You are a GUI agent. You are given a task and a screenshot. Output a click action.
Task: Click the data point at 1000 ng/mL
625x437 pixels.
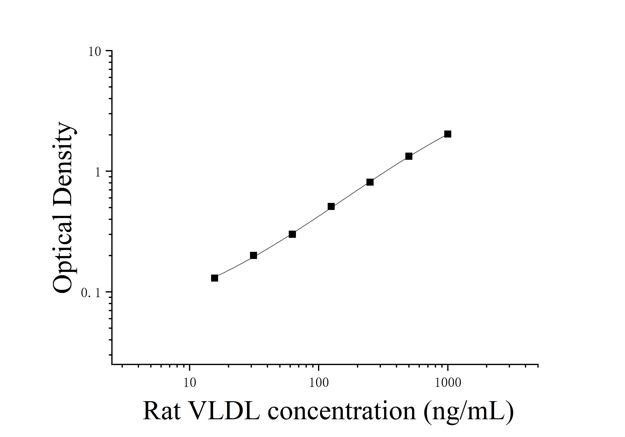tap(448, 134)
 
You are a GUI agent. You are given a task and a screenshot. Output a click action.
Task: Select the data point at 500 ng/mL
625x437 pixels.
tap(409, 156)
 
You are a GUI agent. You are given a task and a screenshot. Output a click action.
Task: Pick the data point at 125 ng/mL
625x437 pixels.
tap(331, 206)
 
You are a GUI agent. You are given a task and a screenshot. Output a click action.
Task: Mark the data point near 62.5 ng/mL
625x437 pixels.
tap(292, 234)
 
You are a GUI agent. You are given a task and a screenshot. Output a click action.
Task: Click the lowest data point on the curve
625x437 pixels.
tap(215, 278)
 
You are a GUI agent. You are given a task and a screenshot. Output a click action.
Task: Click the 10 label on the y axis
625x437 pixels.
tap(94, 52)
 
